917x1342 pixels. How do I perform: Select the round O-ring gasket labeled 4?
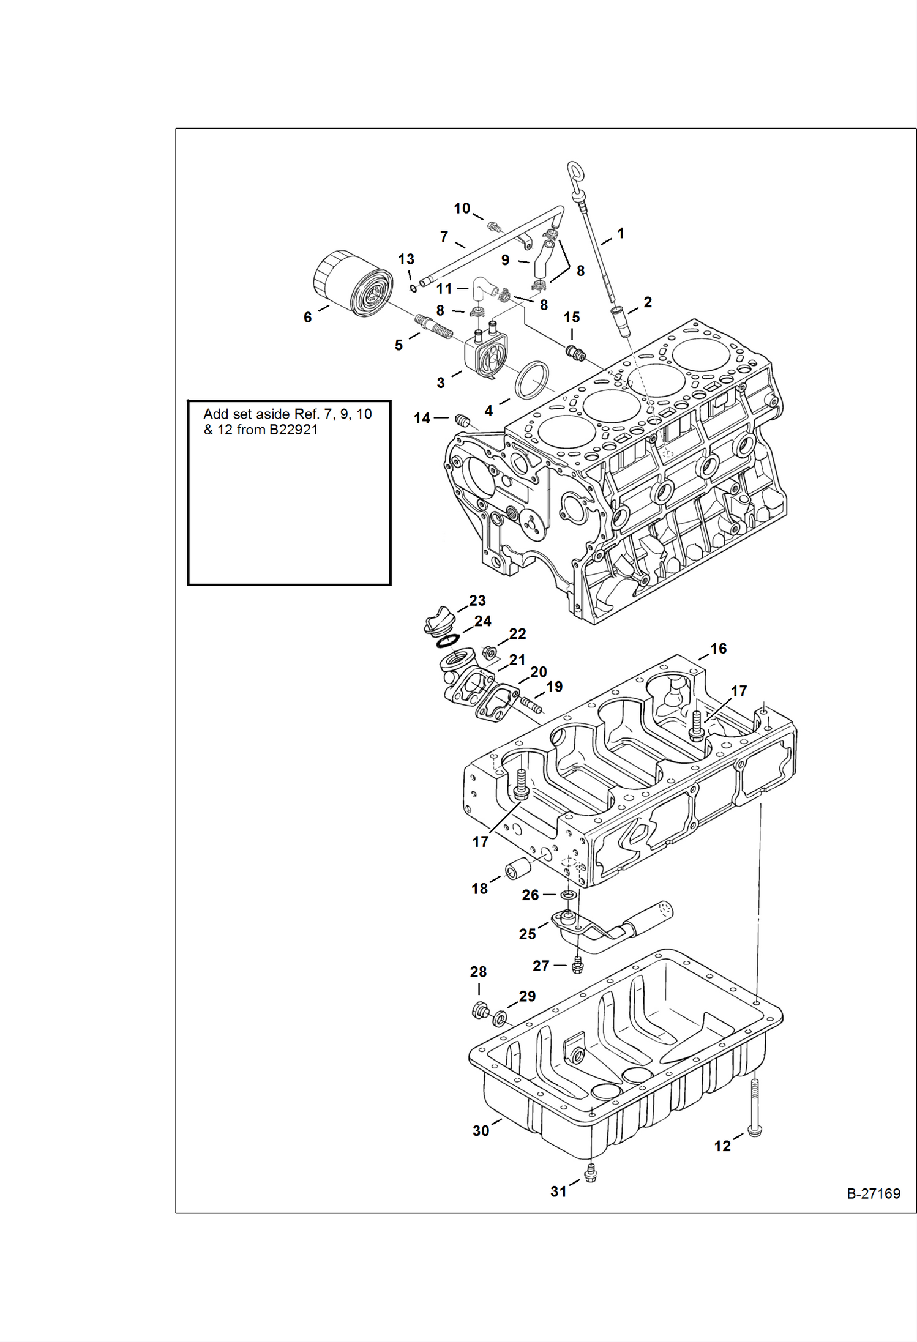click(x=532, y=380)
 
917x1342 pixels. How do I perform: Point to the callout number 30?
click(x=481, y=1130)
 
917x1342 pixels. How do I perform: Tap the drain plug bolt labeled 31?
click(x=590, y=1172)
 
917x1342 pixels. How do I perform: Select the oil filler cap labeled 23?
click(x=438, y=621)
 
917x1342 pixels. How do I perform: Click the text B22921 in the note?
click(x=293, y=430)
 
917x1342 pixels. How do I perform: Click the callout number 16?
click(x=718, y=648)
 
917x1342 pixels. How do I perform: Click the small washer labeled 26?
click(x=569, y=895)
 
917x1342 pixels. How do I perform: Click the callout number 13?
click(x=406, y=259)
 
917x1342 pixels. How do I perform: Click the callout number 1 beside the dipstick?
click(x=620, y=233)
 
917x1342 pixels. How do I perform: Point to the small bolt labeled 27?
click(x=577, y=966)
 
